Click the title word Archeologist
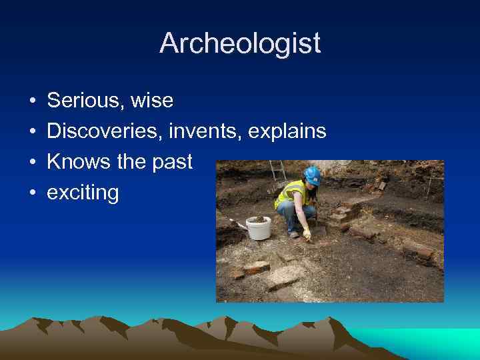click(x=240, y=44)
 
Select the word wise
click(x=152, y=101)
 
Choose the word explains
click(x=287, y=131)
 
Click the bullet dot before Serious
click(x=33, y=101)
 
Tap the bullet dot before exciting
click(x=33, y=193)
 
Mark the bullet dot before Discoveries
click(x=33, y=132)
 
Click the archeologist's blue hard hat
click(x=312, y=175)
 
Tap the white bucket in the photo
click(x=259, y=228)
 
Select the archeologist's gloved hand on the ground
click(x=307, y=233)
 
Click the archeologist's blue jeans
click(x=288, y=215)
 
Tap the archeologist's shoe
click(x=294, y=234)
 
